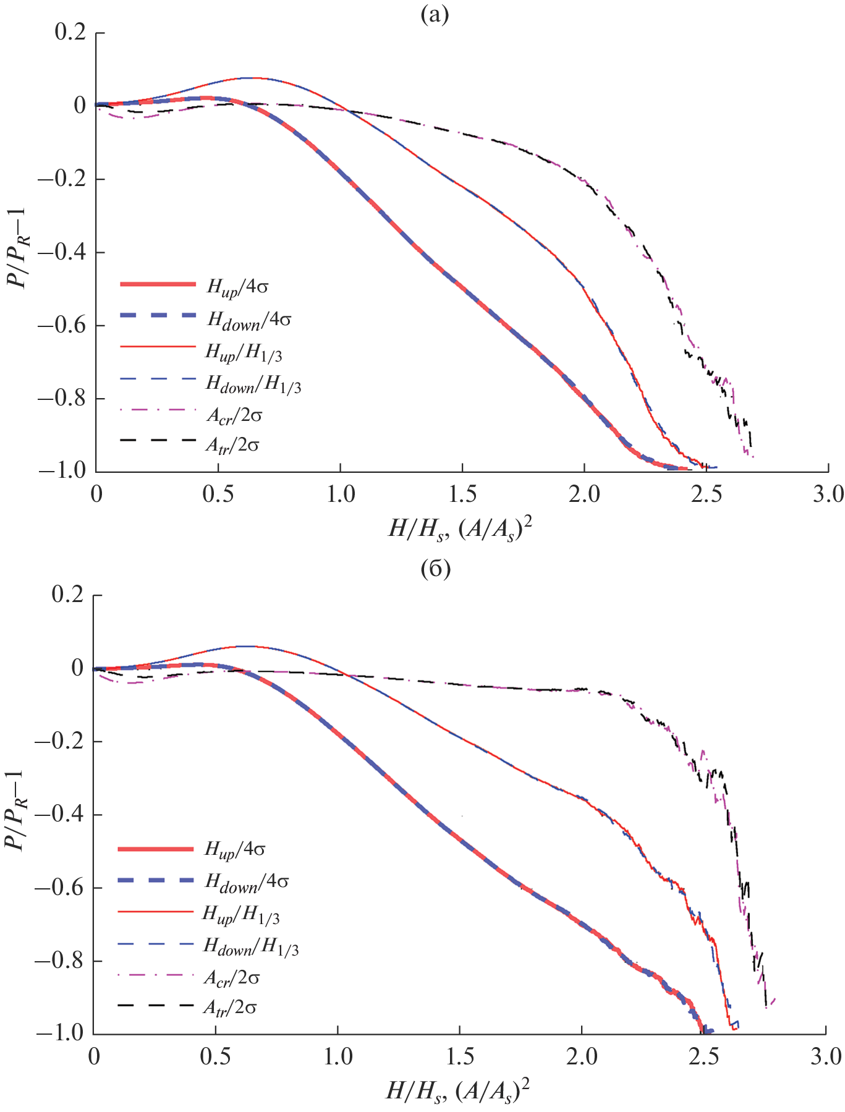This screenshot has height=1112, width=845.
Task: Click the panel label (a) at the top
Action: (435, 15)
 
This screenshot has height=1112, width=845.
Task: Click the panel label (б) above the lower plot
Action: (435, 569)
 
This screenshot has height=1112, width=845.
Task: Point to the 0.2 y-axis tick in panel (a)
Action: (69, 33)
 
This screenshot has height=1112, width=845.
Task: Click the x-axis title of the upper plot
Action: (460, 528)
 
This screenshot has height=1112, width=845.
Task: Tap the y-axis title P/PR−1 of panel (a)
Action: (18, 252)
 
